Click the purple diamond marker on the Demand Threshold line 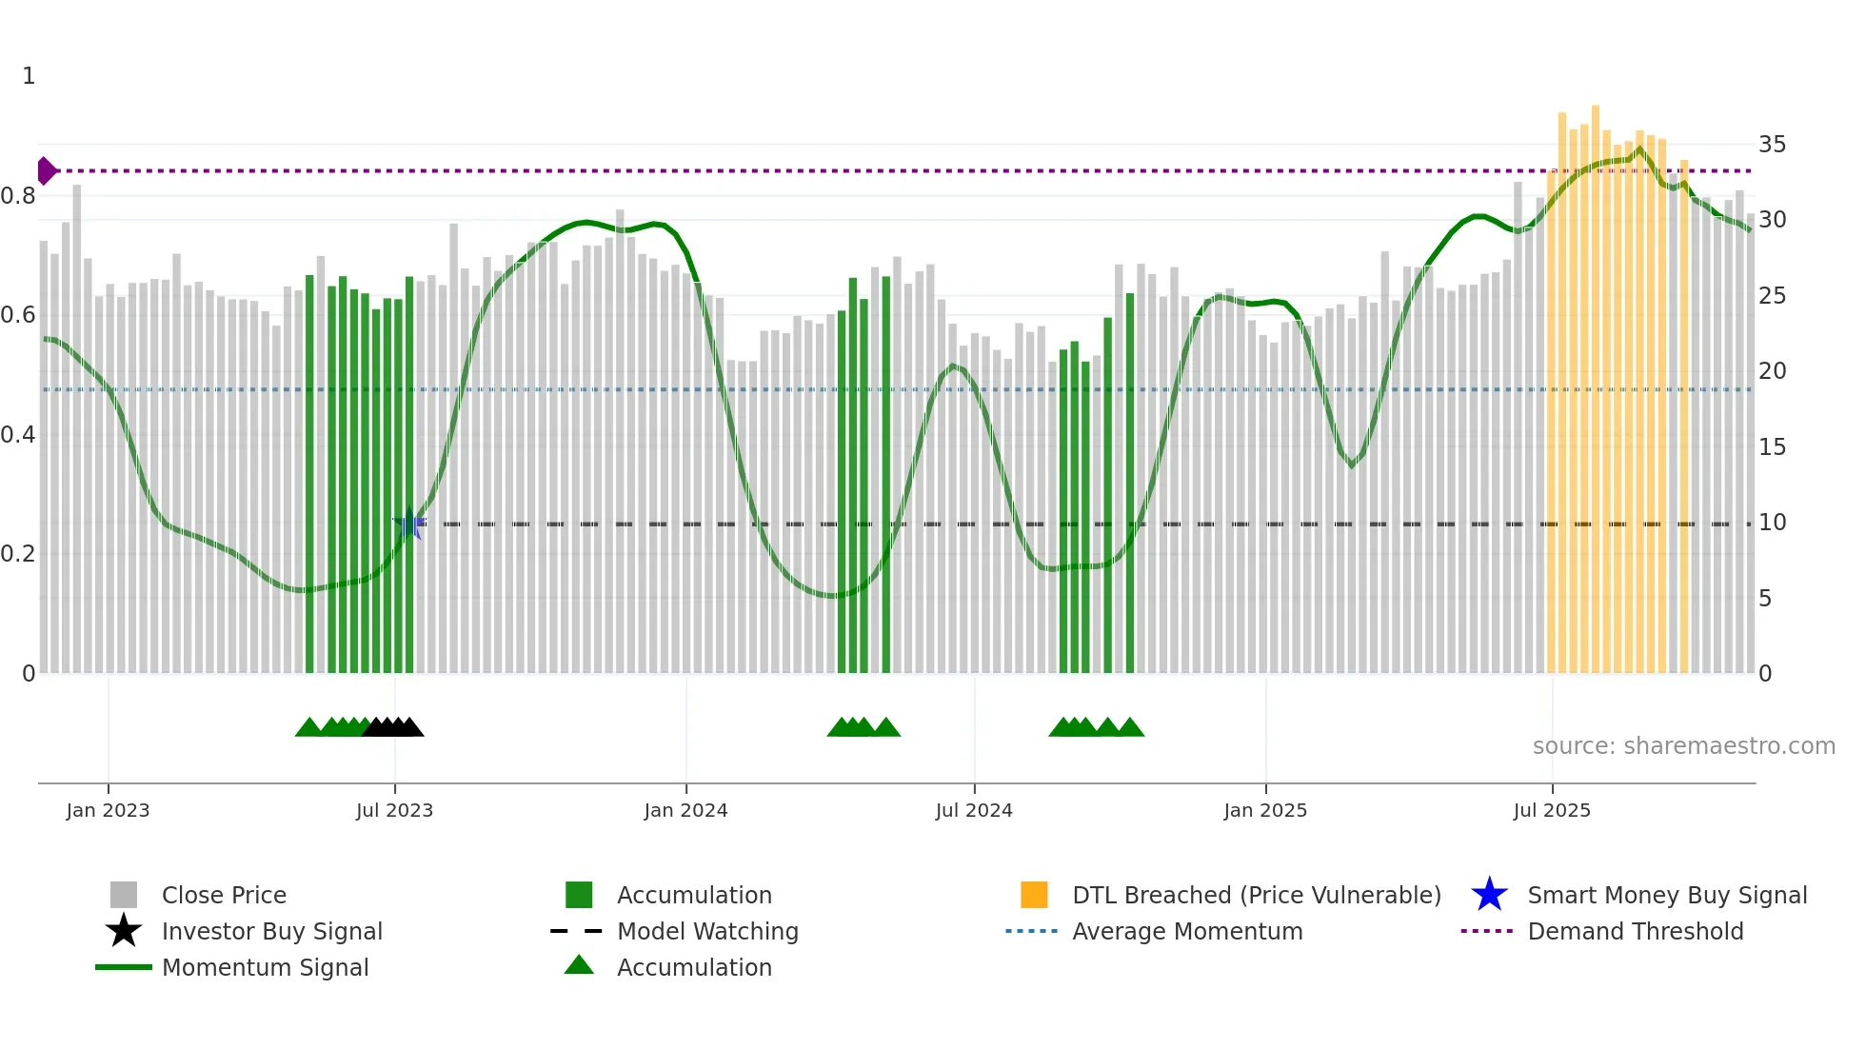tap(46, 171)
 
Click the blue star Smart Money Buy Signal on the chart tap(409, 524)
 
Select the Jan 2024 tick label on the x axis tap(685, 810)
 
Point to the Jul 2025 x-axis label tap(1552, 810)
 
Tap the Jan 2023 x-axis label tap(108, 810)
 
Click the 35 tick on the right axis tap(1772, 145)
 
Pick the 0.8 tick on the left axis tap(19, 196)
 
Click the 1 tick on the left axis tap(29, 76)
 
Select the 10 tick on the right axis tap(1772, 523)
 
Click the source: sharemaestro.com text tap(1683, 746)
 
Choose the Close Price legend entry tap(224, 895)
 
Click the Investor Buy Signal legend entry tap(271, 931)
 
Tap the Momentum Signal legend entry tap(265, 967)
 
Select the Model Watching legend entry tap(707, 931)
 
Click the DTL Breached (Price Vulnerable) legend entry tap(1256, 895)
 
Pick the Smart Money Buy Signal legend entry tap(1667, 895)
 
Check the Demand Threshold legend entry tap(1635, 931)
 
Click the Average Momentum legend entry tap(1187, 931)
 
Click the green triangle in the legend tap(579, 965)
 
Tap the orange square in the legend tap(1034, 895)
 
